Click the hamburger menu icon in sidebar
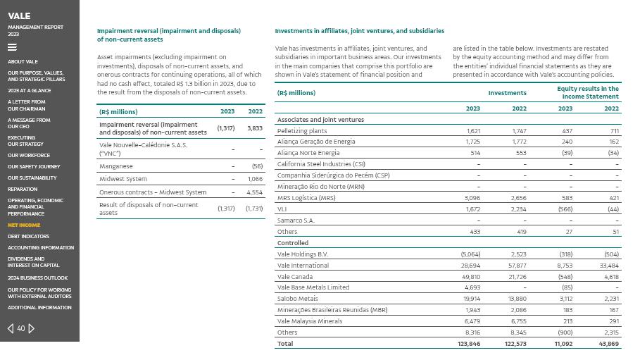tap(12, 48)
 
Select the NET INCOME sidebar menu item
tap(24, 225)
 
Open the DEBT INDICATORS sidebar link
tap(28, 237)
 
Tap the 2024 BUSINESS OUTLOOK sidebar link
tap(37, 278)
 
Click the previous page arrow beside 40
tap(11, 328)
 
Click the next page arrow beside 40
tap(32, 328)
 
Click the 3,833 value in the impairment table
tap(254, 128)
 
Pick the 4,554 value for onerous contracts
tap(254, 192)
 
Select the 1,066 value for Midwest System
tap(254, 179)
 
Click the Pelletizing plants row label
tap(302, 131)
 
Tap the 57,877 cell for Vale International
tap(517, 266)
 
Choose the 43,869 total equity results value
tap(608, 344)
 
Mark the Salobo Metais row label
tap(297, 299)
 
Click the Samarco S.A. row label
tap(296, 221)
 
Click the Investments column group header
tap(507, 93)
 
